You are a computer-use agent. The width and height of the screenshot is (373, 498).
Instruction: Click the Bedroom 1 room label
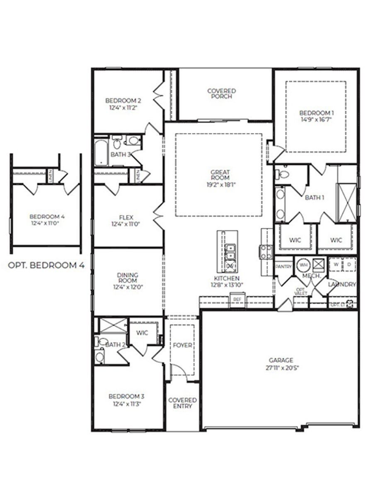coord(316,112)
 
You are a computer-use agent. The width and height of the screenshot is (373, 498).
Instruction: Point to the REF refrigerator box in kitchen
coord(237,299)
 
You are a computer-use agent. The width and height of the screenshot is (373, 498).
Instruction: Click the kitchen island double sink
coord(230,251)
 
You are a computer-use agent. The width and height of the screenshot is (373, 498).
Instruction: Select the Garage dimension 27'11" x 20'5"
coord(281,367)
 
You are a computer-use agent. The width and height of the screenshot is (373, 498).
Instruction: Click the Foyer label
coord(182,345)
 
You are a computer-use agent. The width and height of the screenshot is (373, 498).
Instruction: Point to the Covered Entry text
coord(182,403)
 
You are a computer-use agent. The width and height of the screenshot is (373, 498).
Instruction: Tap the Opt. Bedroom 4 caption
coord(46,266)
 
